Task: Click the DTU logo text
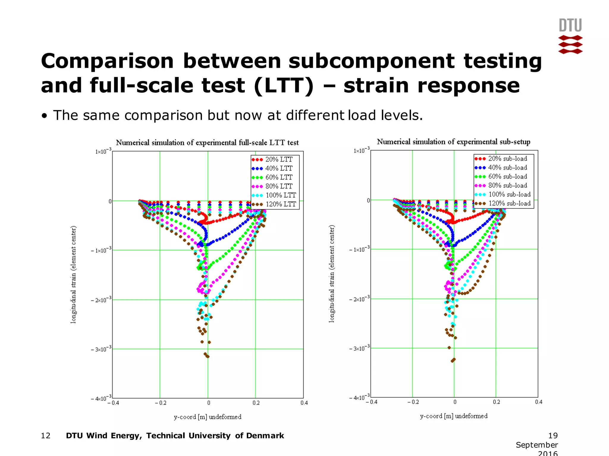coord(570,26)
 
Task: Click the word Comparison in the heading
coord(107,61)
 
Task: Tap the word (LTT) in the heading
coord(284,86)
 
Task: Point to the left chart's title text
coord(207,143)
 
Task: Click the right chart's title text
coord(453,142)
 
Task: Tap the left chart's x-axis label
coord(208,417)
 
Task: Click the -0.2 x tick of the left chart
coord(161,403)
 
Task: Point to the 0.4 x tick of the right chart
coord(539,402)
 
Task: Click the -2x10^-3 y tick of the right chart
coord(359,299)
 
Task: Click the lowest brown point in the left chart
coord(208,357)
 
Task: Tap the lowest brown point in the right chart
coord(453,361)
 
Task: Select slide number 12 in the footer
coord(46,436)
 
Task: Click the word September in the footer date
coord(537,445)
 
